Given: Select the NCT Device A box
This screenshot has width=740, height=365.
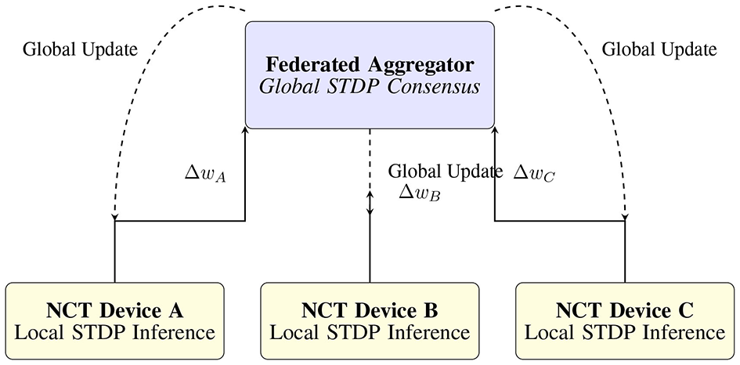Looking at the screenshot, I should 114,321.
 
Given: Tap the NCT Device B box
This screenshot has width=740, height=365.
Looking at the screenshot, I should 370,321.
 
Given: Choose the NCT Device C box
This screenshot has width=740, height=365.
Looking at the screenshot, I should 625,321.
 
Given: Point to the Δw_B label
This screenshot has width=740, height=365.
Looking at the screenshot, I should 420,193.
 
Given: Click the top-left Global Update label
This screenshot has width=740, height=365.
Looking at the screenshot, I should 81,49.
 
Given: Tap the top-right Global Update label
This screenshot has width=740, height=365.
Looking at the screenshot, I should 659,49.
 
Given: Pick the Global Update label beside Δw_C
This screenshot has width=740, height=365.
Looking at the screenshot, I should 445,172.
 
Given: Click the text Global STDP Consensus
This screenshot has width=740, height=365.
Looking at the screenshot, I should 370,88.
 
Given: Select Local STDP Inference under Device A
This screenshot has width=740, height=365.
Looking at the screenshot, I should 114,332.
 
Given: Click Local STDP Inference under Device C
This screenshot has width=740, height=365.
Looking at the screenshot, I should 625,332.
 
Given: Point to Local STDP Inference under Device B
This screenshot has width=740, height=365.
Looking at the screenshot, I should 370,332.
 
